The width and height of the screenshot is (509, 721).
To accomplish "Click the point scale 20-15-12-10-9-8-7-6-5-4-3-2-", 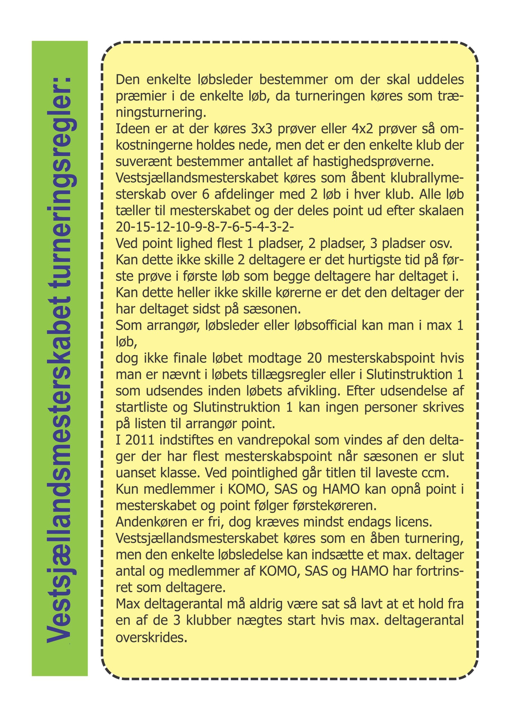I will point(204,227).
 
